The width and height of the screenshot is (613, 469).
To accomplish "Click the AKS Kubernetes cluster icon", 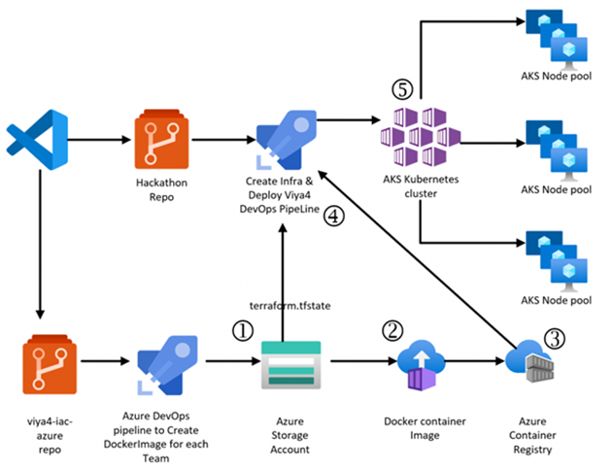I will point(419,135).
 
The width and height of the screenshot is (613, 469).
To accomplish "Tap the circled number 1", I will point(241,330).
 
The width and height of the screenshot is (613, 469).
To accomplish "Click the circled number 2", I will point(392,330).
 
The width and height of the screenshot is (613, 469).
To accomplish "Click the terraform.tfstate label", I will point(284,306).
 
